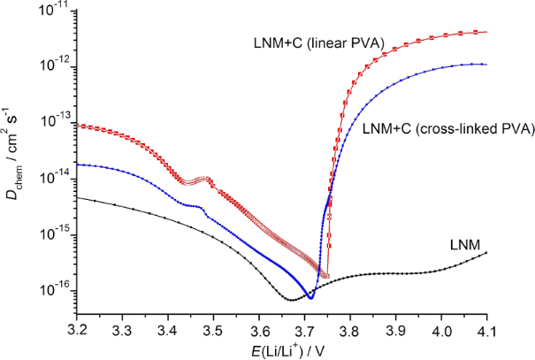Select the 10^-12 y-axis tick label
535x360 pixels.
[57, 67]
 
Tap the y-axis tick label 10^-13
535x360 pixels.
[57, 123]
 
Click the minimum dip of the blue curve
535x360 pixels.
[310, 296]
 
